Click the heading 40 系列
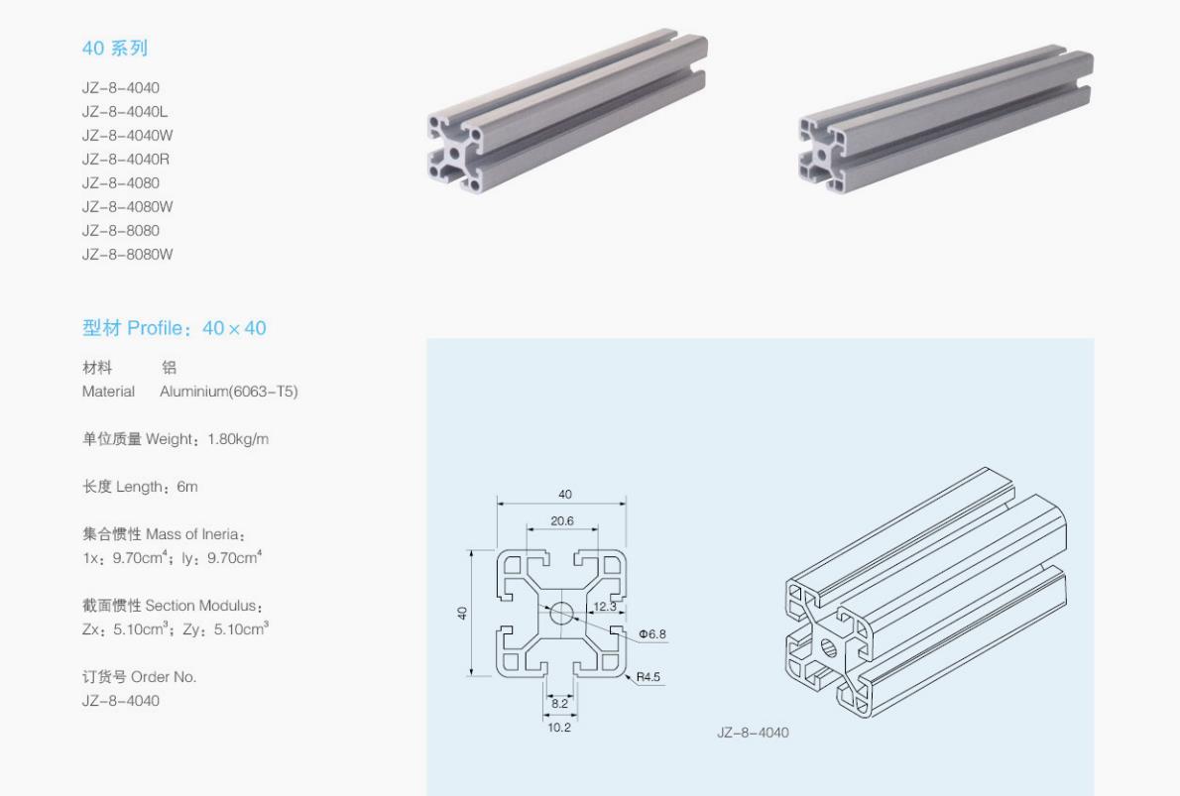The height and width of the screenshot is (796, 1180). (114, 48)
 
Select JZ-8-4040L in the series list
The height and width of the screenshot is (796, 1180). (125, 111)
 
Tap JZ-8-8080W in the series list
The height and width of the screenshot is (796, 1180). (127, 254)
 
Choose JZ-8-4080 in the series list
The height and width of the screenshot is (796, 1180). (120, 182)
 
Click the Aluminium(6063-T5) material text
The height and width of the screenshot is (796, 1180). (228, 391)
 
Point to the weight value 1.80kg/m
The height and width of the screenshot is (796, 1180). (238, 438)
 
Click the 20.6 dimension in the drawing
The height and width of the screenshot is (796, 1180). (562, 520)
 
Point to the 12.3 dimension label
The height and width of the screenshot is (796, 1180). (605, 606)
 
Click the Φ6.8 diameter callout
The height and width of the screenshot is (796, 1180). (651, 633)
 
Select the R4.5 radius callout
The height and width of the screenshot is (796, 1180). (649, 677)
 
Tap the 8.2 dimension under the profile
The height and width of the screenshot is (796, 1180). (559, 703)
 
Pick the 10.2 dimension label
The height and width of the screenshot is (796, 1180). (559, 727)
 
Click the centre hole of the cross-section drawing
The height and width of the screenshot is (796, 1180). (561, 614)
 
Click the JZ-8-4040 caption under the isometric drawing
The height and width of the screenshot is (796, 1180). (753, 733)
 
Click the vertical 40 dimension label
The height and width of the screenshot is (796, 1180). (462, 614)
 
